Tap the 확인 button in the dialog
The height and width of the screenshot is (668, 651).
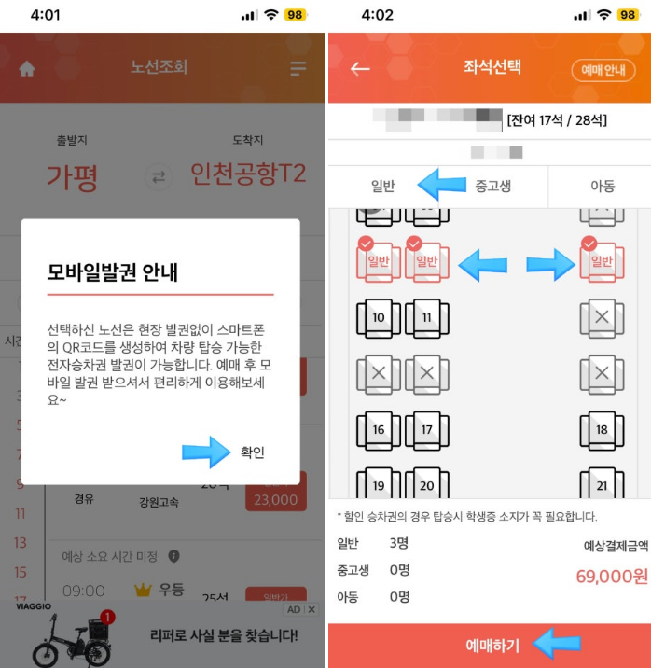click(252, 452)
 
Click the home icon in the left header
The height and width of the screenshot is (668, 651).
click(27, 68)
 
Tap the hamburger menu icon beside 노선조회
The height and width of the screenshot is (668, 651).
click(298, 68)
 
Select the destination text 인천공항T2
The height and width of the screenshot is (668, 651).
click(247, 174)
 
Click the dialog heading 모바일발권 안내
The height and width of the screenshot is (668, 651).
click(113, 272)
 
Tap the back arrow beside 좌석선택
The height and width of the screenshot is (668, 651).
click(360, 68)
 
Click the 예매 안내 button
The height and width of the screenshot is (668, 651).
click(603, 70)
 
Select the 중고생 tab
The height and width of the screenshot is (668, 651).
click(493, 186)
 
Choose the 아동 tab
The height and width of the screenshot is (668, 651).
click(602, 186)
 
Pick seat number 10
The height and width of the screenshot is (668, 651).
click(378, 318)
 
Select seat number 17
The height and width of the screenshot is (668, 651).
click(426, 430)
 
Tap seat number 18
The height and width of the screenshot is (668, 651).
click(601, 430)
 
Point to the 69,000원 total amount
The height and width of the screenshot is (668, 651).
click(611, 577)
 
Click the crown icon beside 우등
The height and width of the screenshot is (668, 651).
click(142, 590)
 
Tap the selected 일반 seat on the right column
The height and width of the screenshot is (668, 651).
click(601, 261)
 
